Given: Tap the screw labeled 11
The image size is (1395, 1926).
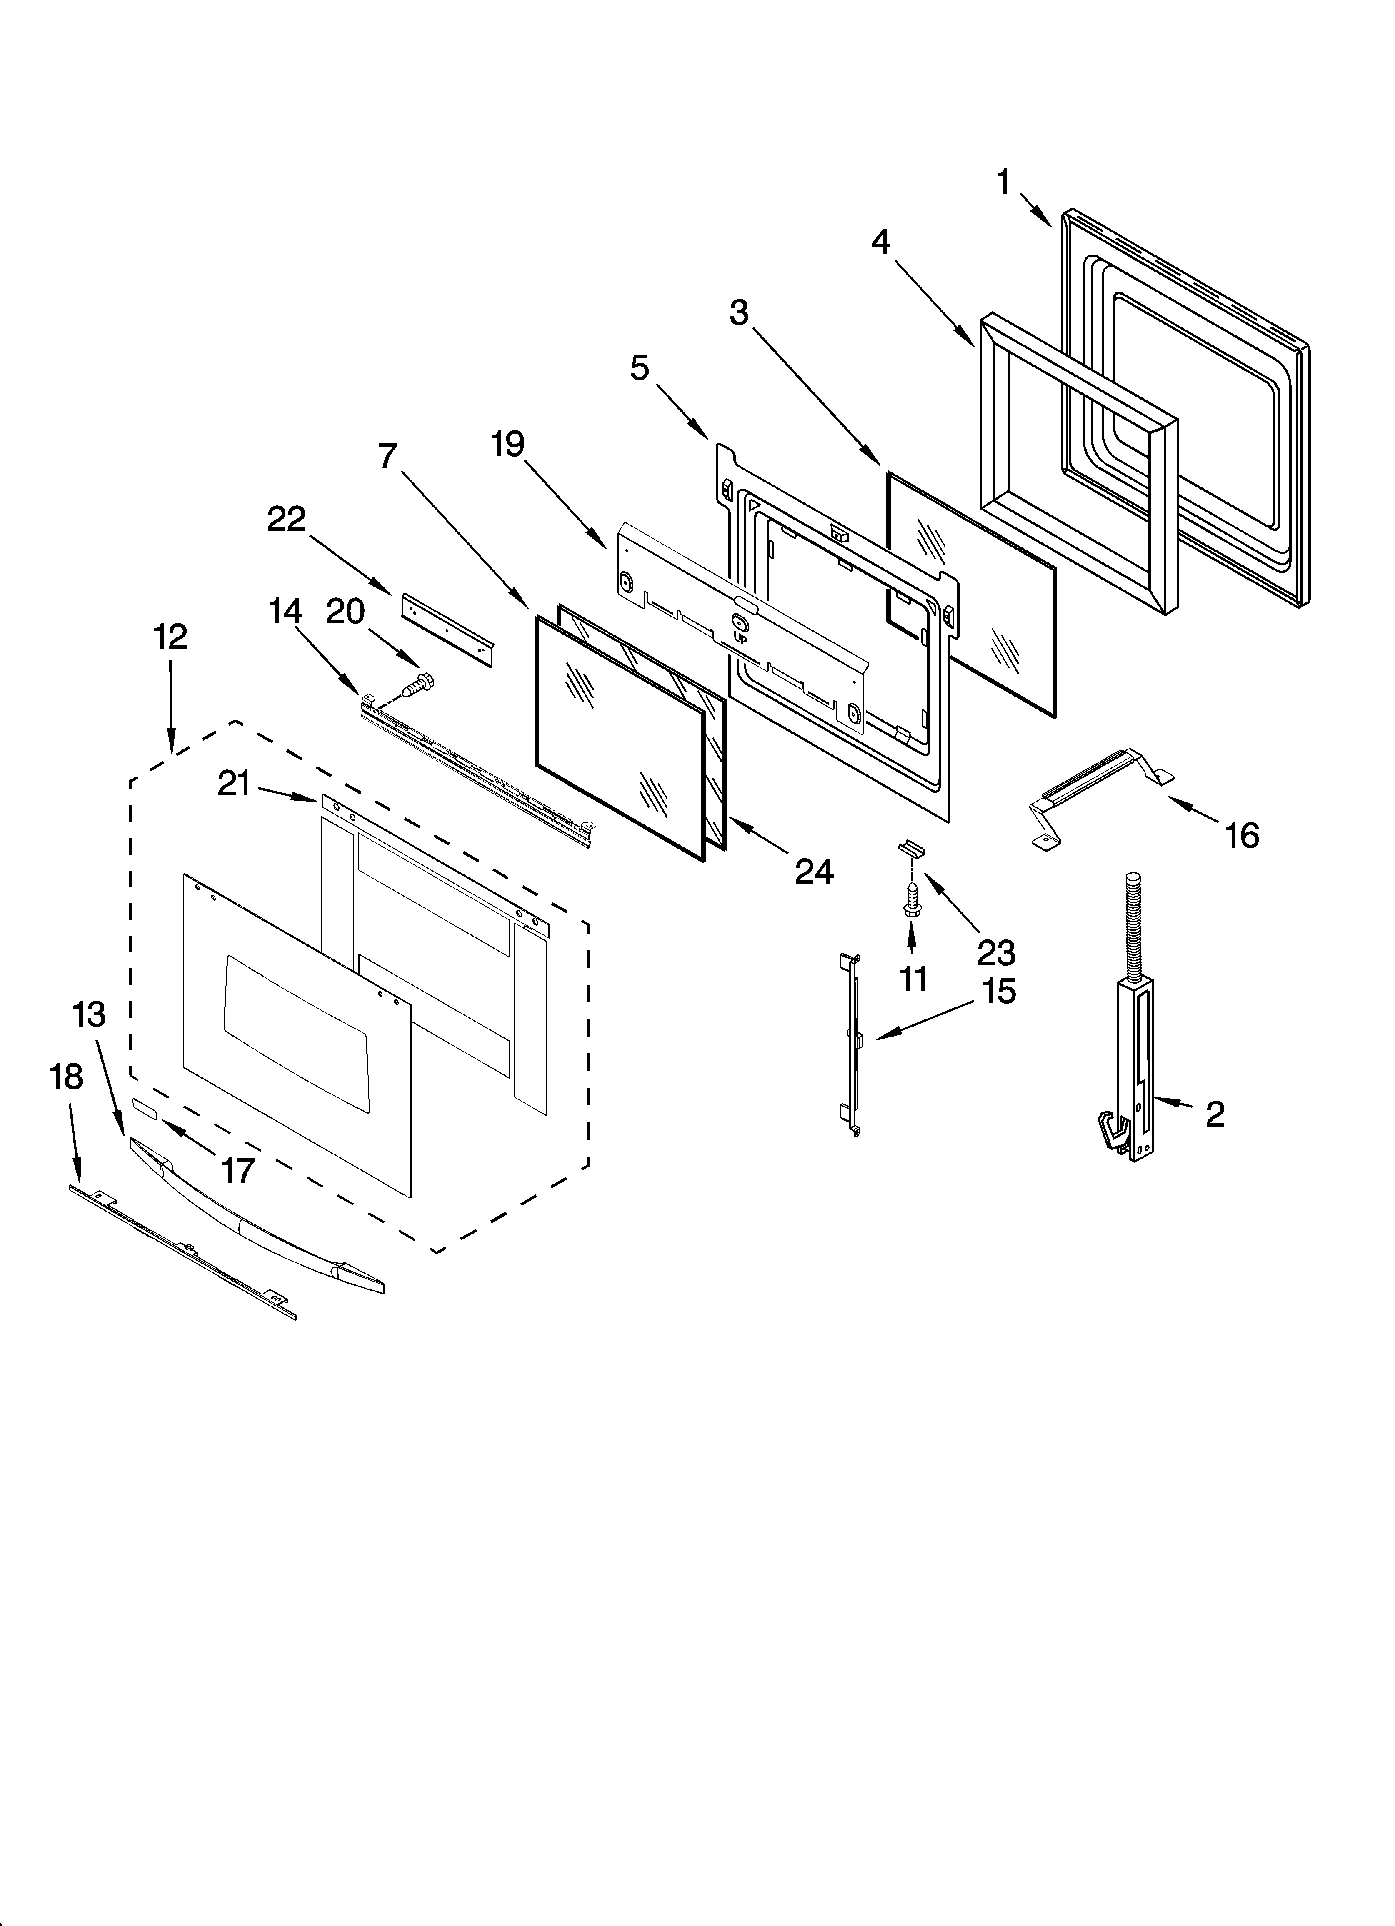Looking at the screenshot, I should click(x=911, y=900).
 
